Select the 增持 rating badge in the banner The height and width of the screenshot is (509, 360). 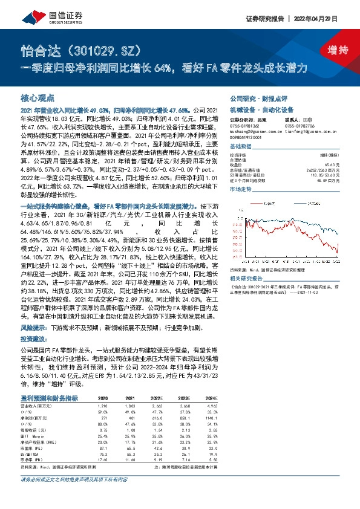330,50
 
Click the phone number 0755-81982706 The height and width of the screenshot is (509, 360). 300,124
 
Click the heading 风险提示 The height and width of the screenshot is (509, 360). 33,327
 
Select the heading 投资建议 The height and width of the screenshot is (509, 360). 33,338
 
